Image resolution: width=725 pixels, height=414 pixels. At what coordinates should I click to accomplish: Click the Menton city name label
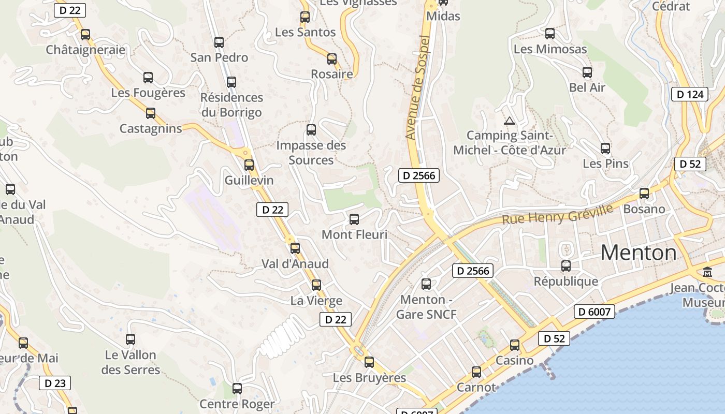pyautogui.click(x=639, y=253)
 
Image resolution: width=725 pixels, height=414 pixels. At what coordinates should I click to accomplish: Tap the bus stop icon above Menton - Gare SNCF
pyautogui.click(x=426, y=284)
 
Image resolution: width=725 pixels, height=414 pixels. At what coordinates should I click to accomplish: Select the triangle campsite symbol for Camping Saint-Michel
pyautogui.click(x=509, y=121)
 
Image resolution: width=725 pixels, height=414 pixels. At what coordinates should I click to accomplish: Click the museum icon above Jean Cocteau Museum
pyautogui.click(x=707, y=272)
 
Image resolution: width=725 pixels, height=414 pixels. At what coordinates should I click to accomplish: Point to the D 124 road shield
pyautogui.click(x=690, y=94)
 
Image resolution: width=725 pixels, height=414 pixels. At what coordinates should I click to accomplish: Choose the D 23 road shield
pyautogui.click(x=55, y=383)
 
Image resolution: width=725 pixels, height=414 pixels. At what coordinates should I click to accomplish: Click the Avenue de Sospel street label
pyautogui.click(x=418, y=88)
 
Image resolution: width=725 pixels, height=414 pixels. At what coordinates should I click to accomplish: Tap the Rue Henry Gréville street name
pyautogui.click(x=557, y=214)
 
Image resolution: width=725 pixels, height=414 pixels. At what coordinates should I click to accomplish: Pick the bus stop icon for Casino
pyautogui.click(x=515, y=345)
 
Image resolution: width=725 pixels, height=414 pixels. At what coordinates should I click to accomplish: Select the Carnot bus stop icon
pyautogui.click(x=476, y=372)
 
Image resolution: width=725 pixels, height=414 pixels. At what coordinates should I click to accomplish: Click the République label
pyautogui.click(x=565, y=282)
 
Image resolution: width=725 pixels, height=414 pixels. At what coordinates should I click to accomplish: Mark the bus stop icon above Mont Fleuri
pyautogui.click(x=354, y=219)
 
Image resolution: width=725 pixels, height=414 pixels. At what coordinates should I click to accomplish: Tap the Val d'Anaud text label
pyautogui.click(x=295, y=264)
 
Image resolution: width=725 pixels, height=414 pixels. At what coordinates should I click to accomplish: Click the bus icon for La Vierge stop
pyautogui.click(x=316, y=285)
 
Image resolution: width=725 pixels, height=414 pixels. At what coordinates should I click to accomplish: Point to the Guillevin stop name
pyautogui.click(x=249, y=181)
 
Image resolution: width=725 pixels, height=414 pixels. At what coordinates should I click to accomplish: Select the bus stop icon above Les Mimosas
pyautogui.click(x=550, y=34)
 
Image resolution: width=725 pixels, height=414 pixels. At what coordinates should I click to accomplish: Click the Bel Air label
pyautogui.click(x=587, y=87)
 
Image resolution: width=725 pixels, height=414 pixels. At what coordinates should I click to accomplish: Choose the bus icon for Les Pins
pyautogui.click(x=605, y=149)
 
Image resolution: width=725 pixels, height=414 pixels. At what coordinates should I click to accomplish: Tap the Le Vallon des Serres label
pyautogui.click(x=130, y=362)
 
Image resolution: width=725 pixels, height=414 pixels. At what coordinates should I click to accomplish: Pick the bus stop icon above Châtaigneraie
pyautogui.click(x=85, y=35)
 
